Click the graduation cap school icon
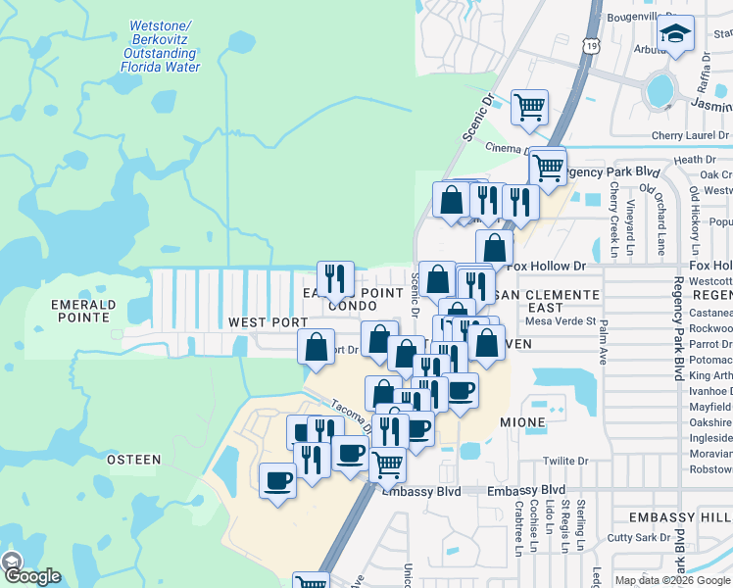pyautogui.click(x=675, y=34)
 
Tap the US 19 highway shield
pyautogui.click(x=589, y=46)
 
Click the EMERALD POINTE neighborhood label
pyautogui.click(x=83, y=311)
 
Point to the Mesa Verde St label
pyautogui.click(x=561, y=320)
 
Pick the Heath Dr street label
pyautogui.click(x=688, y=159)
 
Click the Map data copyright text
pyautogui.click(x=671, y=580)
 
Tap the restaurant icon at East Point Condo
pyautogui.click(x=336, y=279)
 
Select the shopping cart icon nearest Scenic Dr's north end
pyautogui.click(x=529, y=107)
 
